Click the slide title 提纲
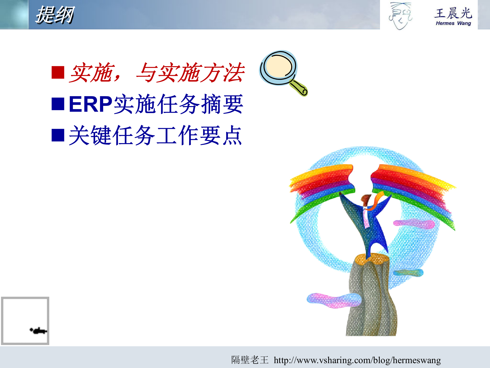pyautogui.click(x=55, y=15)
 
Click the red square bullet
pyautogui.click(x=58, y=72)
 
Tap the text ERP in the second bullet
pyautogui.click(x=90, y=104)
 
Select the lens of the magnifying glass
pyautogui.click(x=279, y=67)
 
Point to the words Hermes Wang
pyautogui.click(x=453, y=23)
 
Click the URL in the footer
pyautogui.click(x=357, y=360)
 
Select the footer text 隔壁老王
pyautogui.click(x=250, y=360)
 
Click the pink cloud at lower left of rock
pyautogui.click(x=332, y=300)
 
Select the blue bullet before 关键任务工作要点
pyautogui.click(x=58, y=135)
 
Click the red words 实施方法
pyautogui.click(x=202, y=73)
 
